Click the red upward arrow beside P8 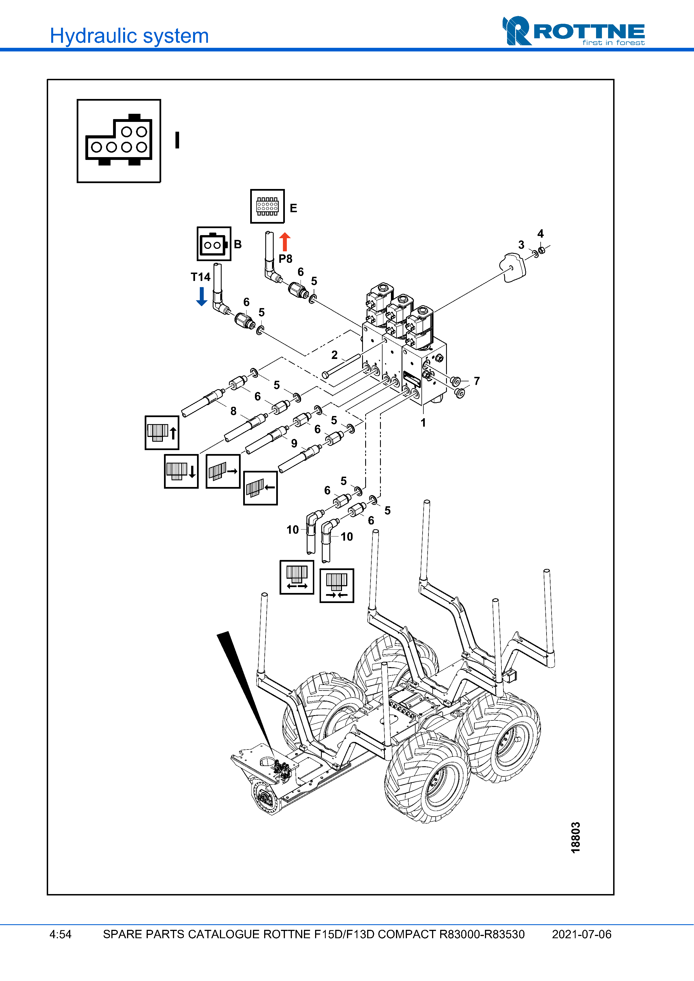285,242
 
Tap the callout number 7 477,381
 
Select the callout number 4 540,234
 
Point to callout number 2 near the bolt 334,355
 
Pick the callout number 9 294,443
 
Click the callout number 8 233,411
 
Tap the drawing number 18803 576,837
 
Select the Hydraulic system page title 129,36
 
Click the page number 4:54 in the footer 60,934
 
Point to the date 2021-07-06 581,934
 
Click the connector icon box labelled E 267,206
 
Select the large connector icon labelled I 119,141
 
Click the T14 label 201,277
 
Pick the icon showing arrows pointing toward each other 337,585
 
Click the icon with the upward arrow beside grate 162,432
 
